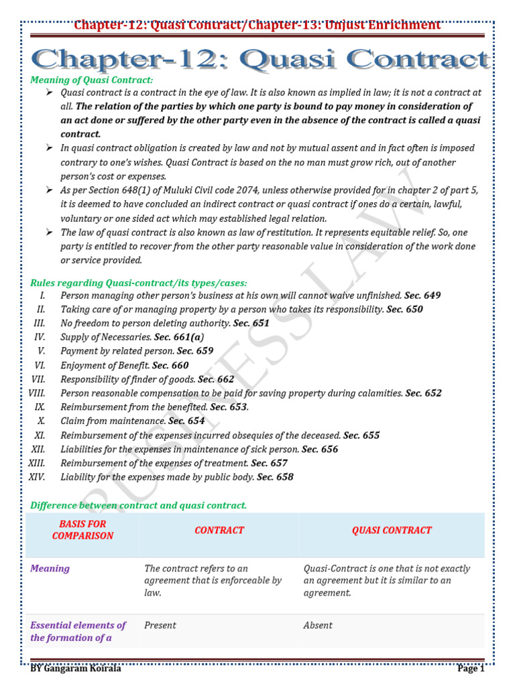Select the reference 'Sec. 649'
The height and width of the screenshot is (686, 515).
(x=423, y=295)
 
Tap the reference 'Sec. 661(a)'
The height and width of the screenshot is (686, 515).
(x=179, y=337)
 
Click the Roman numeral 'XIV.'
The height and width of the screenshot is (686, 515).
(x=37, y=477)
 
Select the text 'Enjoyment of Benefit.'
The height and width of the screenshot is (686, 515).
(x=105, y=365)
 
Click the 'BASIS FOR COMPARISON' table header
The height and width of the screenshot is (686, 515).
(x=82, y=530)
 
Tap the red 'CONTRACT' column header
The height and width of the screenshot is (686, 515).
(x=219, y=530)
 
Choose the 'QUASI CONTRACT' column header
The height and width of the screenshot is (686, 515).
(x=392, y=530)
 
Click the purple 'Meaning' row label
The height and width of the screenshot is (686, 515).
(x=50, y=569)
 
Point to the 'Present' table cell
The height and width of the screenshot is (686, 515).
(x=160, y=625)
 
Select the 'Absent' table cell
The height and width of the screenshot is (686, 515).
(x=318, y=625)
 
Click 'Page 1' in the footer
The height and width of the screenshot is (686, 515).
(x=471, y=669)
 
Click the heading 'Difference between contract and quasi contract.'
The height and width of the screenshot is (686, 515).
(x=139, y=505)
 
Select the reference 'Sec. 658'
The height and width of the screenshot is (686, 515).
(x=275, y=477)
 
